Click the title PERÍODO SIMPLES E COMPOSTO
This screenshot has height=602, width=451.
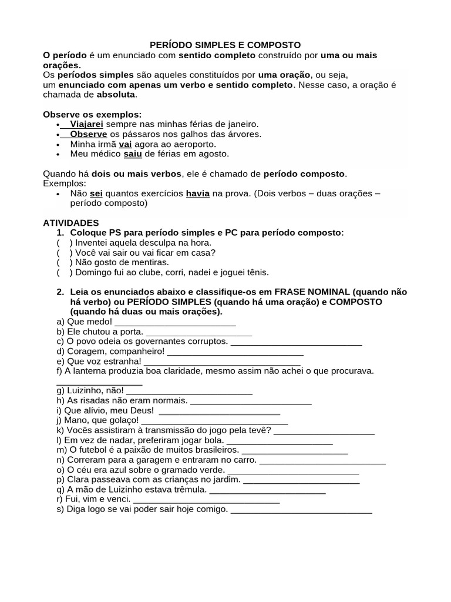(x=225, y=45)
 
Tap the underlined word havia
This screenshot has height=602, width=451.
(x=197, y=193)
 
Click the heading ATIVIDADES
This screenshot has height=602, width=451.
(x=71, y=223)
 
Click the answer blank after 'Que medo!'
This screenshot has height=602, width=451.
(x=175, y=322)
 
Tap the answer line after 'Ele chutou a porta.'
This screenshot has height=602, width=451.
(x=198, y=332)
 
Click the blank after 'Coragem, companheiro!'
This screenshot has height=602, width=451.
(x=235, y=352)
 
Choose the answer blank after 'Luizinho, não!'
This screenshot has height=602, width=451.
(x=189, y=391)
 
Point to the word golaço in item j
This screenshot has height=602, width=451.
(x=122, y=420)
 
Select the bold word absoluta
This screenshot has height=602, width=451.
(x=116, y=95)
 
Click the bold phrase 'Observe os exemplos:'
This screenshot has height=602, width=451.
(x=92, y=114)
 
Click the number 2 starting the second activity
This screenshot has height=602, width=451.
(x=60, y=292)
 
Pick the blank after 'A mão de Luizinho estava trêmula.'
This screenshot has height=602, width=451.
(x=267, y=490)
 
